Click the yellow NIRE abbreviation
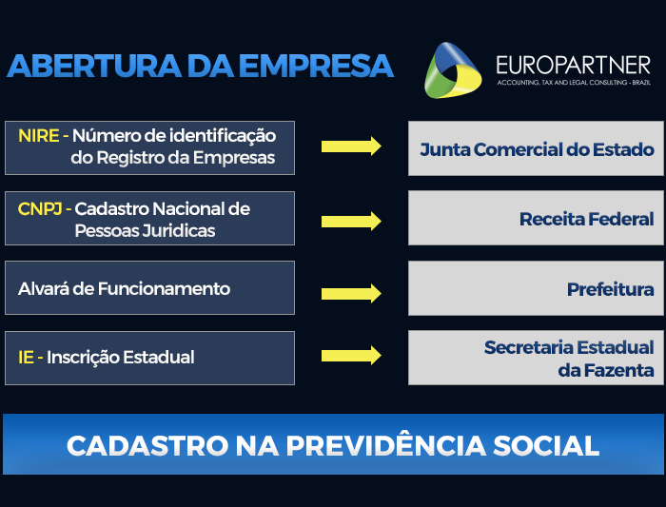point(38,136)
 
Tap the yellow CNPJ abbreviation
point(39,208)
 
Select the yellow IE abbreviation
point(26,358)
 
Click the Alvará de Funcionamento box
point(149,288)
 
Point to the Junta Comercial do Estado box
point(536,149)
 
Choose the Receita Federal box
point(536,219)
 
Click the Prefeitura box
point(536,288)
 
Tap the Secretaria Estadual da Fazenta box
point(536,358)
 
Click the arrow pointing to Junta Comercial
point(351,146)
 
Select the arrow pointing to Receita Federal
point(351,221)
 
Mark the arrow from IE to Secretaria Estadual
point(351,356)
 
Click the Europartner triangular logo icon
point(453,69)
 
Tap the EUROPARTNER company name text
point(573,65)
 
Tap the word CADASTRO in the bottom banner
point(131,445)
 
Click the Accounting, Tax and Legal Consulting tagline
point(573,84)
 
